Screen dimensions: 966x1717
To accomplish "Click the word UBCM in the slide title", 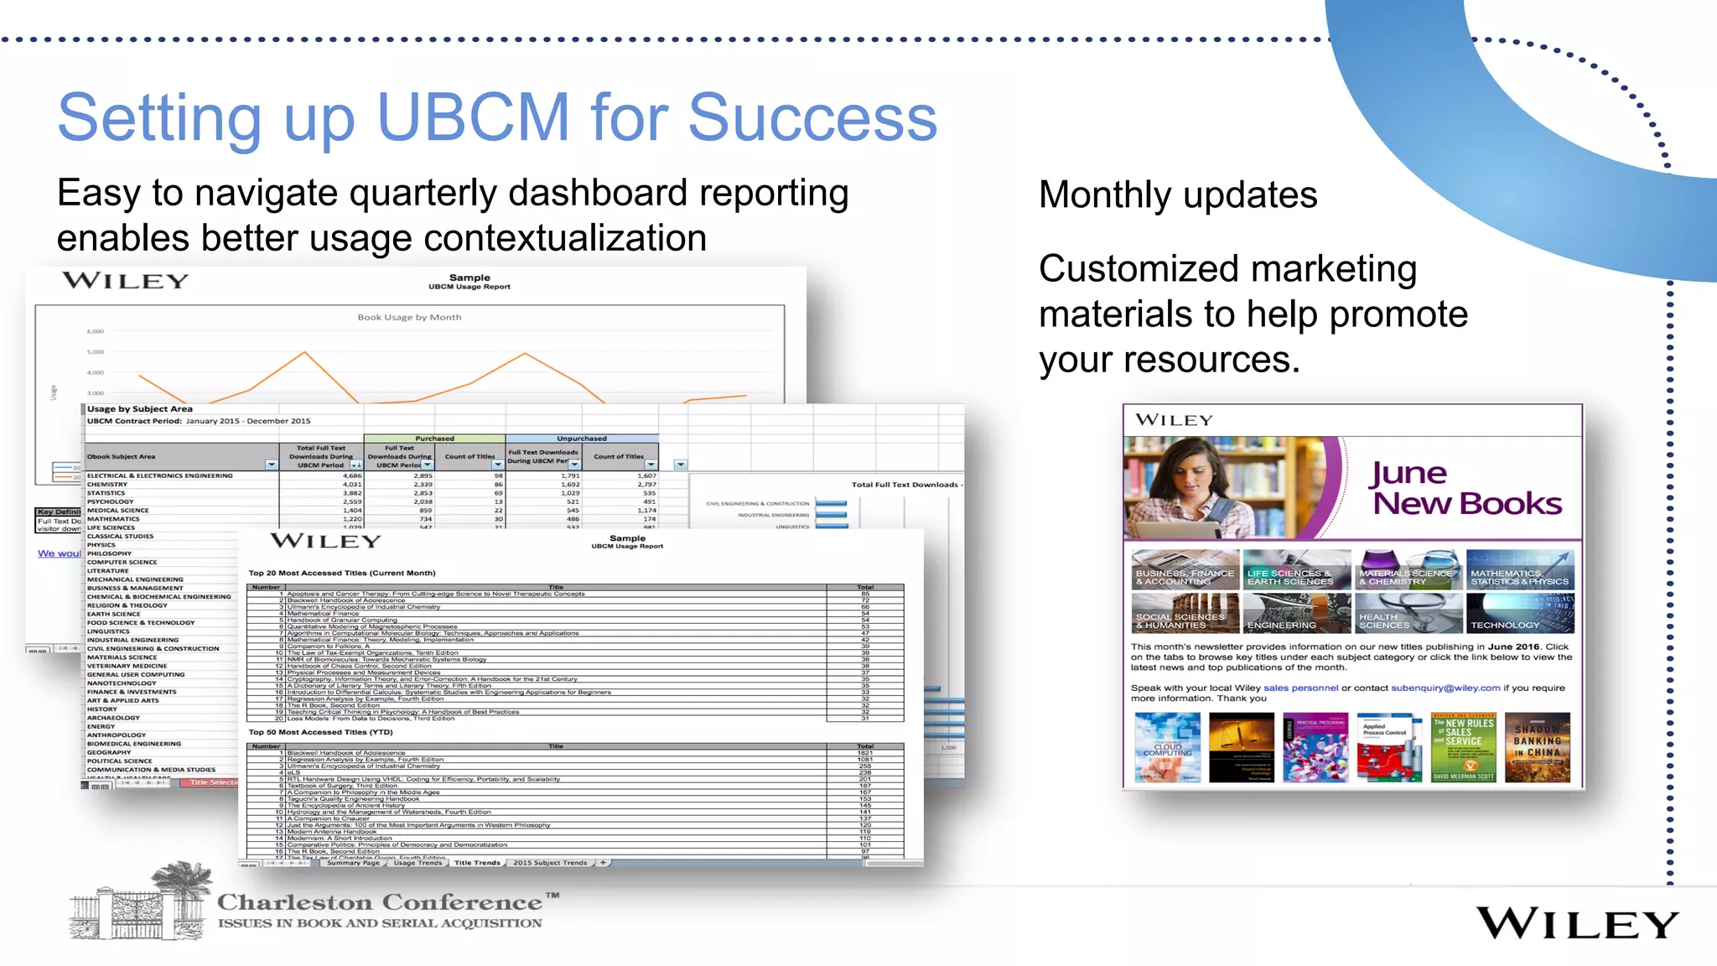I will click(474, 117).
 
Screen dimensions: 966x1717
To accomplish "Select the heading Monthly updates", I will click(1178, 195).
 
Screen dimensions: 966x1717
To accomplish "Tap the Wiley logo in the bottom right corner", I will click(1577, 923).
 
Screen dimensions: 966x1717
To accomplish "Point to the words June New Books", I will click(1465, 488).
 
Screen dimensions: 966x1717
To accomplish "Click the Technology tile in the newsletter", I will click(1520, 613).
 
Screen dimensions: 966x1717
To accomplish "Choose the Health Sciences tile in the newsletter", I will click(1408, 613).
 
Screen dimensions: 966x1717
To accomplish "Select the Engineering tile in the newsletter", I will click(1296, 613).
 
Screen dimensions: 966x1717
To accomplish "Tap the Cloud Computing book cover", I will click(1167, 747).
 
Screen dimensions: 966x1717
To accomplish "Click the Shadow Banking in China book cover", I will click(1537, 747).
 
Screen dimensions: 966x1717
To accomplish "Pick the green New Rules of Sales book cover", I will click(1463, 747).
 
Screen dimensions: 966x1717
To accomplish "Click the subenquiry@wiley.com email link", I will click(1445, 688).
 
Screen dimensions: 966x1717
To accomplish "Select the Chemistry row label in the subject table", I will click(107, 484).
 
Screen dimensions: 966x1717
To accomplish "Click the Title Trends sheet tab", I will click(476, 862).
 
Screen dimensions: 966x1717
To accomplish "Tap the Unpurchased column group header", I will click(582, 439).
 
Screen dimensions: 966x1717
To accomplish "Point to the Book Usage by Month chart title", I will click(409, 317).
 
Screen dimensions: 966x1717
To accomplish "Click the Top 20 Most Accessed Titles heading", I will click(342, 573).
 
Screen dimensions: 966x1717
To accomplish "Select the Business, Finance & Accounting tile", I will click(1185, 570).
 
